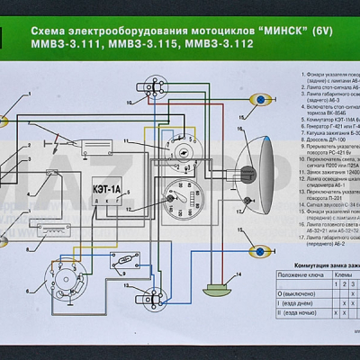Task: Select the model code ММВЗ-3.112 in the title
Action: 236,42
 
